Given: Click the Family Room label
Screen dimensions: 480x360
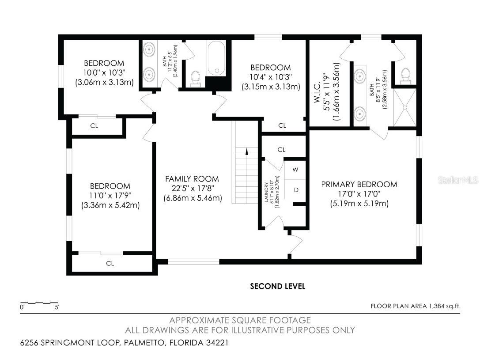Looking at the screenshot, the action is click(192, 179).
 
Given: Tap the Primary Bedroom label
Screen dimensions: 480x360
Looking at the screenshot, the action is click(359, 184).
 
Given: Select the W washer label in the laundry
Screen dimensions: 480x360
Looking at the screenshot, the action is click(295, 170).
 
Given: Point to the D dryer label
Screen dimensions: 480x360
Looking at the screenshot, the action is click(296, 190).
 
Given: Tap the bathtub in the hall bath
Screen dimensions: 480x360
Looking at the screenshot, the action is click(216, 58).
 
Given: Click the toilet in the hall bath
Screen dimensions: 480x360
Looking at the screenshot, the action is click(195, 78).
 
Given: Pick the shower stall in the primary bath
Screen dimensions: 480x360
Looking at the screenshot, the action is click(404, 107).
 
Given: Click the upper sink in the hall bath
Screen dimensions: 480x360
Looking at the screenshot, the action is click(149, 49).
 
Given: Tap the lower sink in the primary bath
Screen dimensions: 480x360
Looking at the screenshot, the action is click(360, 114).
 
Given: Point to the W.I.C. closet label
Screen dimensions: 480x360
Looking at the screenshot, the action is click(317, 91).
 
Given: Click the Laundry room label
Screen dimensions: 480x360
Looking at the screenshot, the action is click(266, 192).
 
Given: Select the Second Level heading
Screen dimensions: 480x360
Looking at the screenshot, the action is click(278, 286).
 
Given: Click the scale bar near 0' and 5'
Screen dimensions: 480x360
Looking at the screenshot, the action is click(39, 303).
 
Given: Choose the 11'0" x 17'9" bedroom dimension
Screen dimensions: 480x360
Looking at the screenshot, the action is click(110, 195).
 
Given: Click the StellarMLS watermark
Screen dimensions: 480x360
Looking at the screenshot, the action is click(458, 180).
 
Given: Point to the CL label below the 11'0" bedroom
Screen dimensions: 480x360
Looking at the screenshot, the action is click(110, 263).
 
